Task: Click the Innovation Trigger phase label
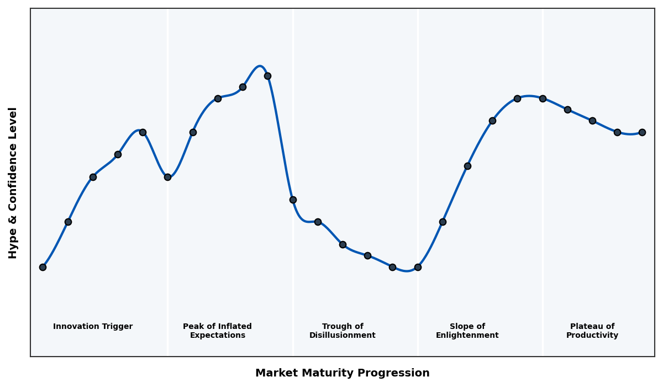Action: [93, 327]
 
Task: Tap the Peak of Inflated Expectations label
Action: [217, 331]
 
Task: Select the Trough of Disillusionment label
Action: [343, 331]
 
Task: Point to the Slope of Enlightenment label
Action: [467, 331]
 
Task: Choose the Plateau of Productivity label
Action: [592, 331]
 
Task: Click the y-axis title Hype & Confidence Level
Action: [13, 182]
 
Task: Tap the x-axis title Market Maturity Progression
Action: [342, 373]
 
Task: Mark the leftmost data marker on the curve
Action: [43, 267]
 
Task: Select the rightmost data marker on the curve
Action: [642, 132]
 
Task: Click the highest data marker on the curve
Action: [267, 76]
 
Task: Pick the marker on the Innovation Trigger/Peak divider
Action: [167, 177]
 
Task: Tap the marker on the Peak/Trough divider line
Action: [293, 200]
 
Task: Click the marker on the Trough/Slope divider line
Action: [418, 267]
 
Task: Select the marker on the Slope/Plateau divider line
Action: [543, 98]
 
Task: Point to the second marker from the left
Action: [68, 222]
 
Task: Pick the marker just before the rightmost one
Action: [617, 132]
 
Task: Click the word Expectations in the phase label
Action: [217, 336]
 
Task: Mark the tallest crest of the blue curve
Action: [260, 66]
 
